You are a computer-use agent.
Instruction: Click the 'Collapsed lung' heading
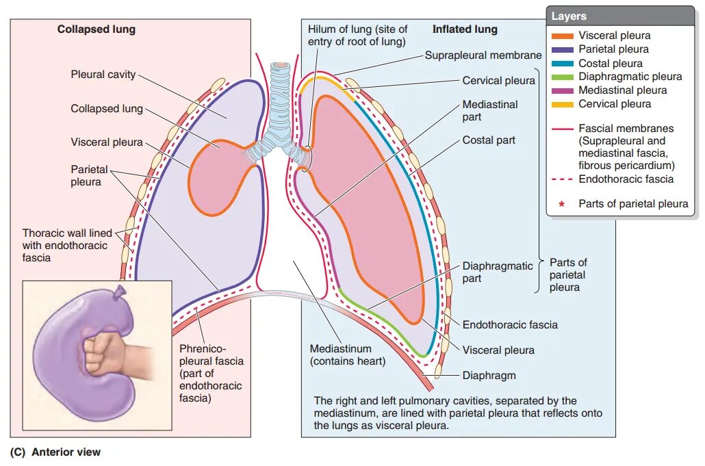pos(96,29)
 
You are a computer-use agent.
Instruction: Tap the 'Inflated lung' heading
pos(465,29)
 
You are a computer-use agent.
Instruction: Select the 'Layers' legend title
pos(569,16)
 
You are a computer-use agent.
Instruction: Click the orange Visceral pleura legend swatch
pos(561,36)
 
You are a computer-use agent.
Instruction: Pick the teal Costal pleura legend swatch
pos(561,63)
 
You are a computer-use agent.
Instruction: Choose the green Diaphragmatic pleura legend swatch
pos(561,77)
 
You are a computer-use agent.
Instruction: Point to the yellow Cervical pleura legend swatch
pos(561,104)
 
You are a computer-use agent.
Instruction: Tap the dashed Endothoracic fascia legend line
pos(561,179)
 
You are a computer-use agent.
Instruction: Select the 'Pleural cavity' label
pos(103,74)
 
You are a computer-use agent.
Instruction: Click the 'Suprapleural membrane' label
pos(483,55)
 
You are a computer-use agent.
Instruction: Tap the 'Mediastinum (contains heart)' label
pos(348,354)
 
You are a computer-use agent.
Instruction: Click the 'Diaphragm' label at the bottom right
pos(489,375)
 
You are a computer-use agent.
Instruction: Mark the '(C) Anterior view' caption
pos(55,452)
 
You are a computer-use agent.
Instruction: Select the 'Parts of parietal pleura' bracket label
pos(568,274)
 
